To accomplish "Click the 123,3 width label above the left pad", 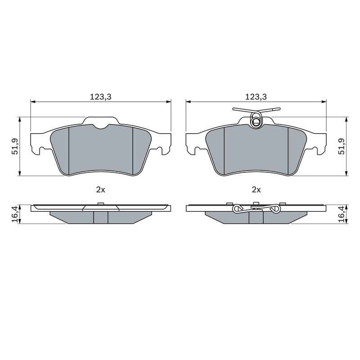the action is click(x=100, y=97).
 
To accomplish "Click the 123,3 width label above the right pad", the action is click(x=256, y=97).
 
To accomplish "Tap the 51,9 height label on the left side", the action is click(x=15, y=147).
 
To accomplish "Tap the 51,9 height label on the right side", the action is click(x=342, y=147).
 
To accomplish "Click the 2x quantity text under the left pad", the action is click(x=100, y=189).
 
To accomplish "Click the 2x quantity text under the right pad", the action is click(x=256, y=189).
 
